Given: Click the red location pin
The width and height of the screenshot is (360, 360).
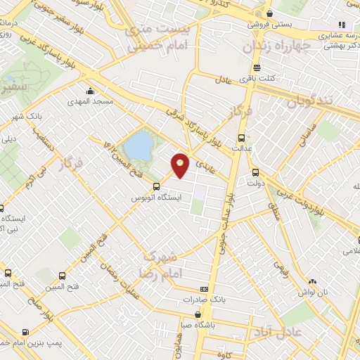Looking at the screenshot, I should click(181, 165).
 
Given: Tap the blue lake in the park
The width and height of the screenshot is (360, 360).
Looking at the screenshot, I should click(139, 146).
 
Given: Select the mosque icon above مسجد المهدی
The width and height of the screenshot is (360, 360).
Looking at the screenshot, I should click(90, 91).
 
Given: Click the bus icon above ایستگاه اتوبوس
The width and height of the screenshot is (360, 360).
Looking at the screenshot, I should click(156, 186).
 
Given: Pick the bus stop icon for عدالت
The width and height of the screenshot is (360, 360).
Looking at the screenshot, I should click(242, 138).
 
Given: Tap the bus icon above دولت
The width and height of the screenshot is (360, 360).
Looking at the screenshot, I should click(255, 171).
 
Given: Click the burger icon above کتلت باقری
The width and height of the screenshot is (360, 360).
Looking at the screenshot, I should click(255, 69).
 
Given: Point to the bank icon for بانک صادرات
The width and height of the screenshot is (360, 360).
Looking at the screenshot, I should click(204, 288).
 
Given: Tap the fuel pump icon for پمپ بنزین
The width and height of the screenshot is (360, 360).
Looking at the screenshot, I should click(26, 333).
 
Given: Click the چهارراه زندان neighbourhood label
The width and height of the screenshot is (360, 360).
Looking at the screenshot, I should click(273, 47).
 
